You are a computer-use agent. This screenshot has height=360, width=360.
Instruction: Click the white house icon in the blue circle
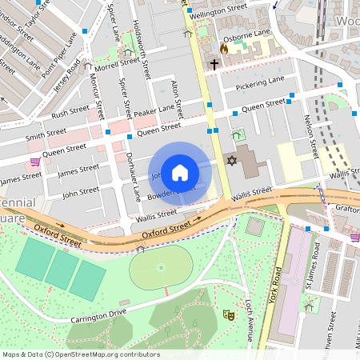click(180, 172)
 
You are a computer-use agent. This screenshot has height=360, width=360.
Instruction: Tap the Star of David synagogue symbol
click(233, 162)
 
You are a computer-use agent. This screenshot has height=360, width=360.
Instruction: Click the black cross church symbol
click(214, 64)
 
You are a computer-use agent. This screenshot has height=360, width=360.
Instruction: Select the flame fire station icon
click(224, 48)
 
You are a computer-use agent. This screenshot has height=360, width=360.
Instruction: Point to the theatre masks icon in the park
click(227, 315)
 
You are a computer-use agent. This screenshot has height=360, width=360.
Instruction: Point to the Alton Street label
click(178, 97)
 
